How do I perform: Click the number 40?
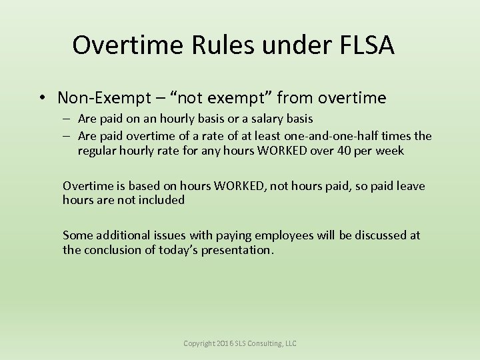click(x=345, y=151)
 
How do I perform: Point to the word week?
click(x=389, y=151)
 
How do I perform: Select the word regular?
click(x=98, y=151)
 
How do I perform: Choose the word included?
click(x=161, y=199)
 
